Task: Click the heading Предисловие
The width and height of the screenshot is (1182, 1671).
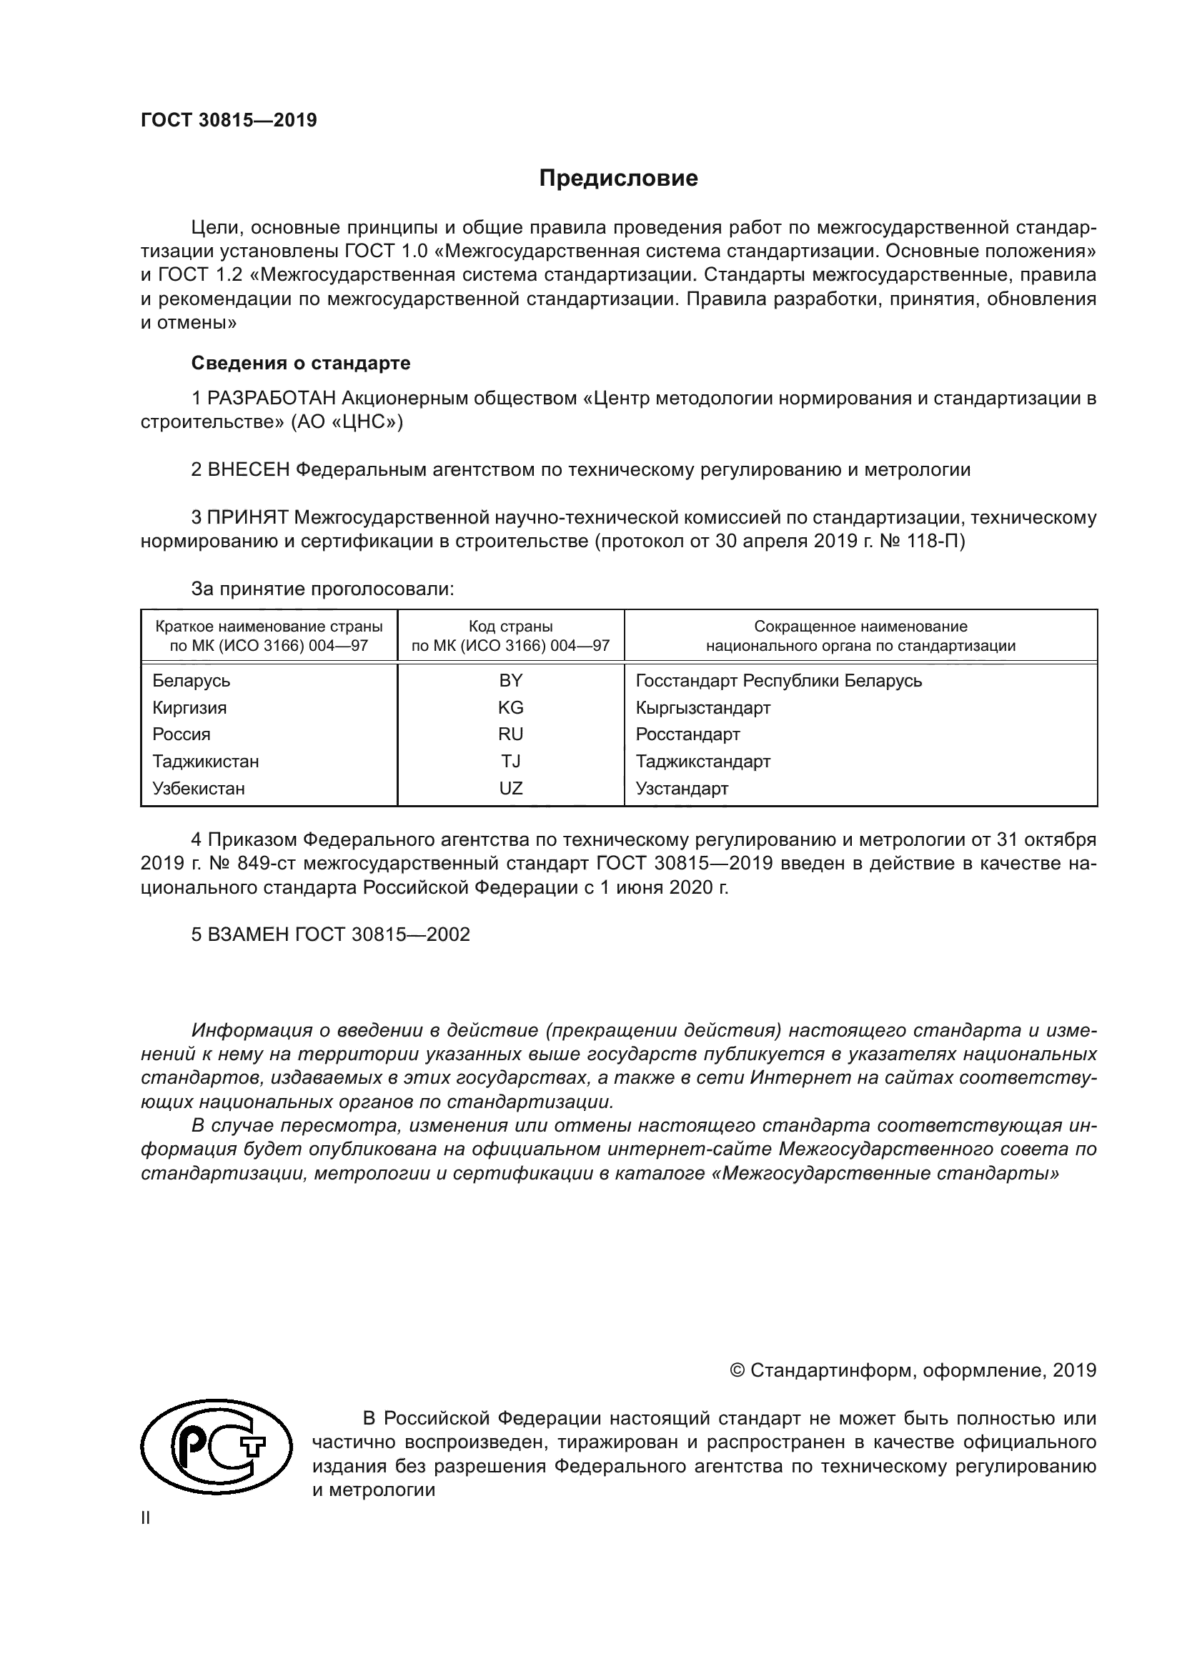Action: [x=618, y=179]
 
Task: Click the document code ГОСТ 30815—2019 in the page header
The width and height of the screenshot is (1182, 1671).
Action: [x=229, y=120]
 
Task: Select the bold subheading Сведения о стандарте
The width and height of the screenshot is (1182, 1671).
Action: [x=301, y=362]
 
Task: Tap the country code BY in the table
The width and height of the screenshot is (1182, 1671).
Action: [x=510, y=681]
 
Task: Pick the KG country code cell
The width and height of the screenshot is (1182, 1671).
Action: [x=510, y=707]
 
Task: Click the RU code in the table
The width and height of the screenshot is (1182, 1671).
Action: [x=510, y=734]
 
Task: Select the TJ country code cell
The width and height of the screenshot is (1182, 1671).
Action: [x=510, y=762]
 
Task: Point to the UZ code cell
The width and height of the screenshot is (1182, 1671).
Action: [x=510, y=788]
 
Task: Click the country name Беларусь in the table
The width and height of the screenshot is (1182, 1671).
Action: [x=192, y=681]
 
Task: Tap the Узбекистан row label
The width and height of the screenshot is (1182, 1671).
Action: [x=199, y=788]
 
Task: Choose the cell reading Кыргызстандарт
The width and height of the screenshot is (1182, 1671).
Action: [x=702, y=707]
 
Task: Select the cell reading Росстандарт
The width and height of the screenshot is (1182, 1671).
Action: [x=687, y=734]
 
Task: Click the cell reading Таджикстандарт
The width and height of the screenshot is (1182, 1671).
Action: [x=702, y=762]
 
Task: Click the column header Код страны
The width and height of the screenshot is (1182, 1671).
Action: [x=510, y=627]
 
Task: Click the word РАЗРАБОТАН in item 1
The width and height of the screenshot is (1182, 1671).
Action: [x=272, y=398]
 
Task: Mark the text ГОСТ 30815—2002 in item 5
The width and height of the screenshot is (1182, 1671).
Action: [x=383, y=935]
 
